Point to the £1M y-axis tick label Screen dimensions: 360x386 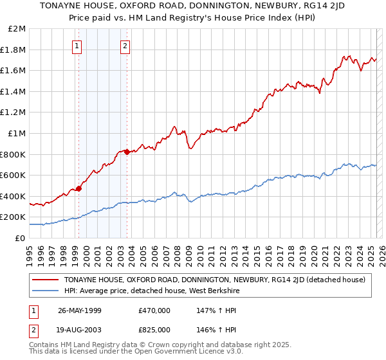[x=17, y=134]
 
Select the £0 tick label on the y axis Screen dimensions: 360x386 [x=21, y=238]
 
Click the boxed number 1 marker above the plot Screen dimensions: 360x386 [x=77, y=46]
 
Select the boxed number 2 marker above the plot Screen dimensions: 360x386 [x=124, y=46]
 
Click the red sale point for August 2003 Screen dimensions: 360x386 [x=127, y=152]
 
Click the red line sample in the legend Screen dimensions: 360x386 [x=46, y=280]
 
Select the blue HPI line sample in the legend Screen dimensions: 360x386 [x=46, y=291]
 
